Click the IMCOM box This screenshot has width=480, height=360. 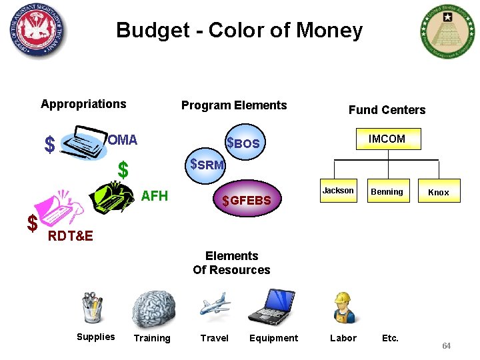[x=387, y=139]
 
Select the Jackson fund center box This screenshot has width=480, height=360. [x=338, y=191]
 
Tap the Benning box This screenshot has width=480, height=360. [x=387, y=192]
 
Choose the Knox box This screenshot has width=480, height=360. [x=438, y=192]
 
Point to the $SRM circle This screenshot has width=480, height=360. [x=206, y=164]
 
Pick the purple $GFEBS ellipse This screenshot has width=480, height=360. [x=247, y=199]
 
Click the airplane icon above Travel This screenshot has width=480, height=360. [x=215, y=306]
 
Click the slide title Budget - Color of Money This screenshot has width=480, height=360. [x=239, y=30]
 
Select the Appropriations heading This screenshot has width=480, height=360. [x=83, y=103]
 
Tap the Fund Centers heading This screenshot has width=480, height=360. [x=387, y=110]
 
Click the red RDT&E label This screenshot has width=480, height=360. [x=71, y=235]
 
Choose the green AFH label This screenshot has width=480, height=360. [x=155, y=196]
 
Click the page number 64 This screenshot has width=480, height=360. [x=446, y=346]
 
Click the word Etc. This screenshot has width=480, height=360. [x=390, y=338]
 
